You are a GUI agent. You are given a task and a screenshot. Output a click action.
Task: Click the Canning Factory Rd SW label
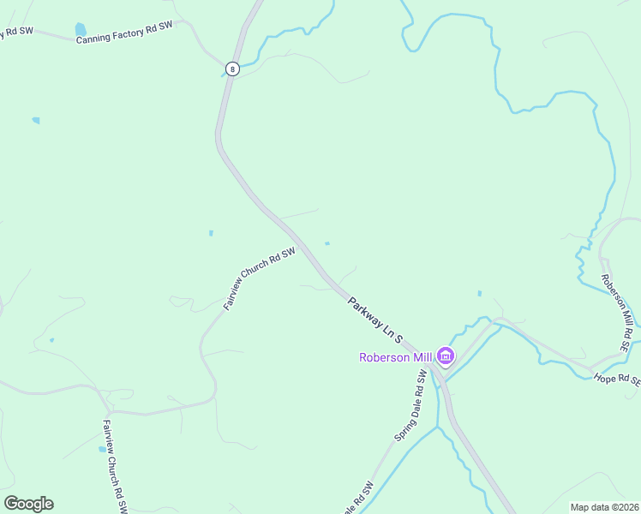coord(124,33)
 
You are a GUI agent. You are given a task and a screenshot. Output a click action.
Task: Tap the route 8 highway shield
coord(231,68)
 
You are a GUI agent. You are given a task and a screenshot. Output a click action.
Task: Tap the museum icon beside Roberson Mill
coord(445,356)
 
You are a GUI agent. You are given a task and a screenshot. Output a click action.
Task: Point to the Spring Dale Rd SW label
coord(410,407)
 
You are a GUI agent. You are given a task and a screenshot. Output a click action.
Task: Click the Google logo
coord(28,504)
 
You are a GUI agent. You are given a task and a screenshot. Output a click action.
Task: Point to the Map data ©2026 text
coord(603,507)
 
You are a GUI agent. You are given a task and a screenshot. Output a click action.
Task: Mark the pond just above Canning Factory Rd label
coord(81,29)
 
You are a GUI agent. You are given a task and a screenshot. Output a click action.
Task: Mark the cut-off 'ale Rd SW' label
coord(359,499)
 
